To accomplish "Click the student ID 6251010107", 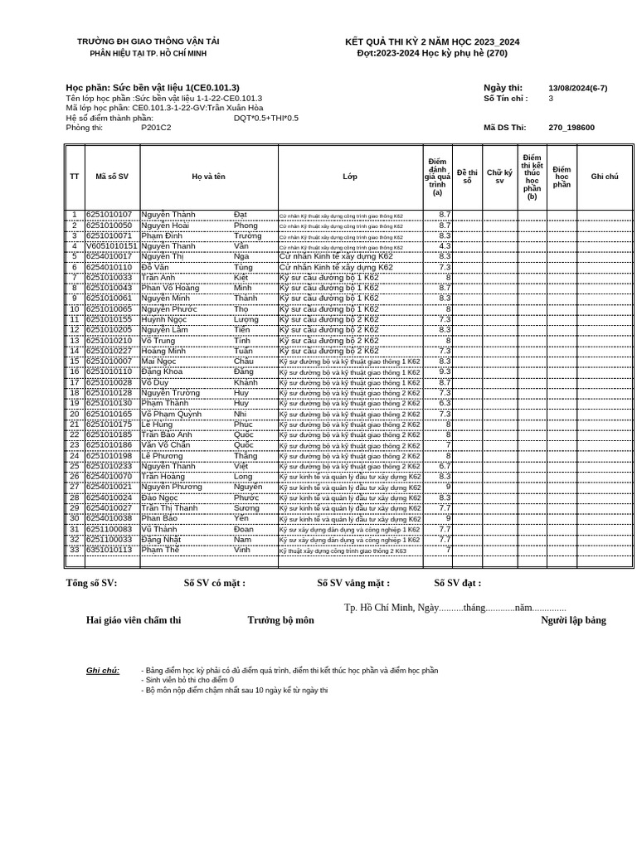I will (109, 215).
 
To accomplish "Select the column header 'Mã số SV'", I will (112, 177).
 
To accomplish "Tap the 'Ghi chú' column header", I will (605, 177).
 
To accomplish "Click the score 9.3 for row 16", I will (445, 372).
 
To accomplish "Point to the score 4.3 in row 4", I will (445, 246).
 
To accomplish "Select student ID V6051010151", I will (111, 246).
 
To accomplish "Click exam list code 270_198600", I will (571, 128).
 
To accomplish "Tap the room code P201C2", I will (156, 128).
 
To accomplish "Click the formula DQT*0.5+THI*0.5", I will (265, 118).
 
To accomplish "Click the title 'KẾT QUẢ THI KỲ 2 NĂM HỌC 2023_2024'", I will (432, 42).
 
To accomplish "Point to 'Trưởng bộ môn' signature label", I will (280, 620).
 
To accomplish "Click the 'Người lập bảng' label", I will (573, 620).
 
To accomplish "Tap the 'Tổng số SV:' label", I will (91, 583).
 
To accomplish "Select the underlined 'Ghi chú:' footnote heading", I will (103, 671).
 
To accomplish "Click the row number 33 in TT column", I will (75, 550).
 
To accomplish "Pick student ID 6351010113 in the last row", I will (109, 550).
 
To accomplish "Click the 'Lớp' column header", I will (350, 177).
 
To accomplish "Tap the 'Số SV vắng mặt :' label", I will (353, 583).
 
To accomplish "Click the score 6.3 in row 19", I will (445, 404).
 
